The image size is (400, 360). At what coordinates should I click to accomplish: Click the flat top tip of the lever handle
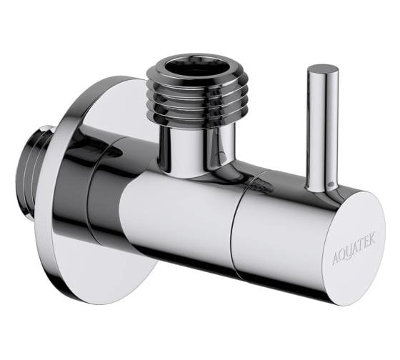pos(322,70)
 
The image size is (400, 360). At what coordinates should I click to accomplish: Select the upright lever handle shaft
pos(319,129)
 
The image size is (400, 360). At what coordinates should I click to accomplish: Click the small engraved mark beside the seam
pos(264,187)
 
